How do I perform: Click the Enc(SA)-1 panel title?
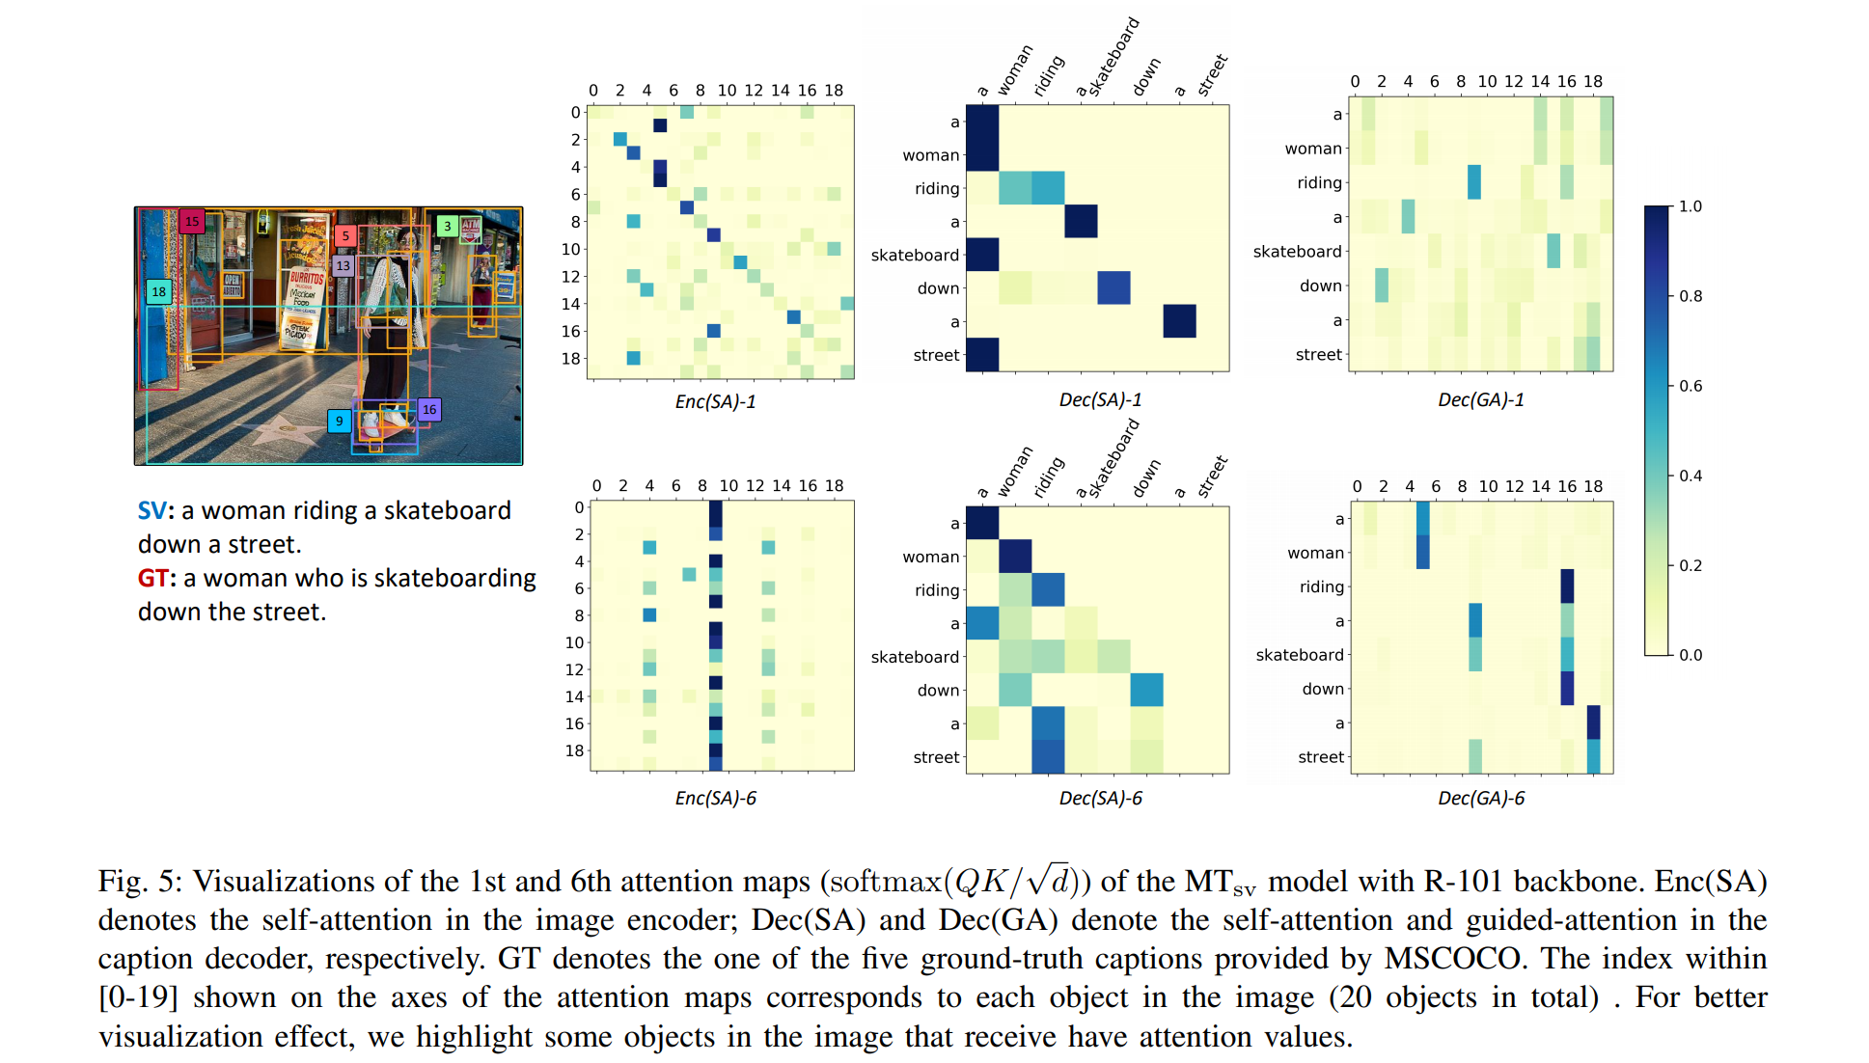(x=715, y=401)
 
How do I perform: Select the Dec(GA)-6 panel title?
(x=1481, y=798)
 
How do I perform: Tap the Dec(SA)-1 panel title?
(x=1100, y=399)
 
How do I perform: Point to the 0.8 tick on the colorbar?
(x=1690, y=296)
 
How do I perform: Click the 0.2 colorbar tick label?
(x=1690, y=565)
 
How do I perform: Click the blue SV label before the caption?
(x=151, y=510)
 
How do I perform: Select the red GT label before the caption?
(x=152, y=578)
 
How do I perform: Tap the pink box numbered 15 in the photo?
(x=192, y=221)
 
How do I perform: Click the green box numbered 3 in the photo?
(x=447, y=226)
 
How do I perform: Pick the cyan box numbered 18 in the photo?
(x=158, y=291)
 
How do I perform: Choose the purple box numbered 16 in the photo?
(x=429, y=409)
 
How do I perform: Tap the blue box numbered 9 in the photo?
(x=339, y=421)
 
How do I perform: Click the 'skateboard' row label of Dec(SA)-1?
(x=915, y=255)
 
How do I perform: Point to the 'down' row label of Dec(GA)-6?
(x=1323, y=689)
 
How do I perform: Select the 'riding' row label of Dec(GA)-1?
(x=1319, y=182)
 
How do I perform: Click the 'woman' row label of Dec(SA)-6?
(x=930, y=557)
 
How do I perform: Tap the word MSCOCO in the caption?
(x=1456, y=958)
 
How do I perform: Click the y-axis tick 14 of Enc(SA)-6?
(x=574, y=696)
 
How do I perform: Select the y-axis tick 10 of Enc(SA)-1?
(x=571, y=249)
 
